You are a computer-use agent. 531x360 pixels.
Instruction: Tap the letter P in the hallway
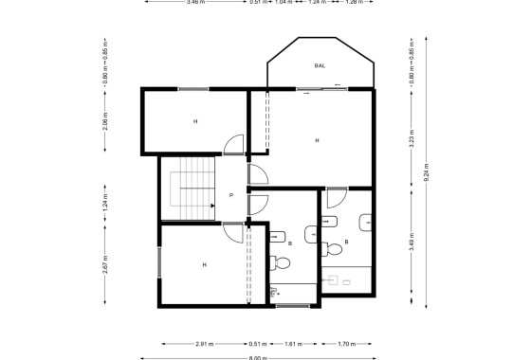click(x=231, y=196)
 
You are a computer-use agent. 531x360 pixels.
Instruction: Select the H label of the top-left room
click(x=195, y=121)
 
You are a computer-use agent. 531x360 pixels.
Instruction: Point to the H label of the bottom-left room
click(x=203, y=265)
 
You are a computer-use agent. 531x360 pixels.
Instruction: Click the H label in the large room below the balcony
click(x=317, y=140)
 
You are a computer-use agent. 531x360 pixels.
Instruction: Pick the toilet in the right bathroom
click(x=332, y=249)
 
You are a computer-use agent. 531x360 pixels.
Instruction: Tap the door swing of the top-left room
click(x=230, y=145)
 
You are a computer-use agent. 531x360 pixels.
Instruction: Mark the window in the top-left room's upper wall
click(x=192, y=89)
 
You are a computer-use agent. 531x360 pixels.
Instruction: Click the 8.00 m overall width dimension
click(x=258, y=358)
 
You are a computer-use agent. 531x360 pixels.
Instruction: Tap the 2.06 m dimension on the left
click(x=105, y=121)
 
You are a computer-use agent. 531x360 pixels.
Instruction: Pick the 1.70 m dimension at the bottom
click(x=347, y=343)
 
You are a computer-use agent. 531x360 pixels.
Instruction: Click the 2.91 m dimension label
click(x=203, y=343)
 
